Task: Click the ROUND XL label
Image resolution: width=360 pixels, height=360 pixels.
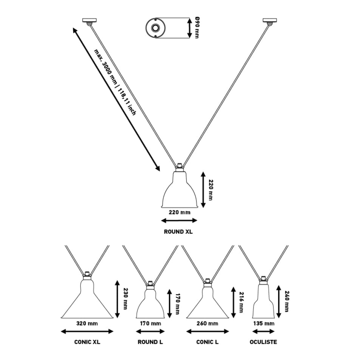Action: coord(178,232)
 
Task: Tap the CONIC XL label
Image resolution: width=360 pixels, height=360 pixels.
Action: coord(87,342)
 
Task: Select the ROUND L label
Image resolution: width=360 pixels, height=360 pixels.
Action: coord(150,342)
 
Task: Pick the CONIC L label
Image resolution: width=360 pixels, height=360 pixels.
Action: coord(207,342)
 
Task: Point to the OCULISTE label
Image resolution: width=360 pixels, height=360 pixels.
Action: coord(263,342)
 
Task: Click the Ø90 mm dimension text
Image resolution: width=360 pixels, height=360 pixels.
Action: coord(197,28)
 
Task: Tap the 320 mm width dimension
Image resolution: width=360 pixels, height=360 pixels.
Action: coord(87,323)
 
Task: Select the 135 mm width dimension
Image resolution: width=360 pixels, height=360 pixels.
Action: coord(264,323)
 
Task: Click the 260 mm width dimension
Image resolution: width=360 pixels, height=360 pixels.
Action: coord(207,323)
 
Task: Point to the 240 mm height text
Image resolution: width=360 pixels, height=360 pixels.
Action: coord(287,301)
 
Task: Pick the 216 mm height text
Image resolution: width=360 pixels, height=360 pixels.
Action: coord(241,302)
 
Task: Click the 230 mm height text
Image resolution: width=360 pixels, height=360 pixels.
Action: coord(125,299)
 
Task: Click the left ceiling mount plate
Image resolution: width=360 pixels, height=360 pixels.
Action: coord(89,20)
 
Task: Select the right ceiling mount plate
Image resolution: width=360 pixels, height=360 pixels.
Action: coord(270,20)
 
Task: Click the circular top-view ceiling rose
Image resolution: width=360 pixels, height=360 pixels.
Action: coord(155,28)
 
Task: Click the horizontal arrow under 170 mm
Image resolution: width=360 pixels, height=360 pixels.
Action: coord(150,331)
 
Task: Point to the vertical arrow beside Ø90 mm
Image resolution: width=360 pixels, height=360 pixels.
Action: coord(189,28)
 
